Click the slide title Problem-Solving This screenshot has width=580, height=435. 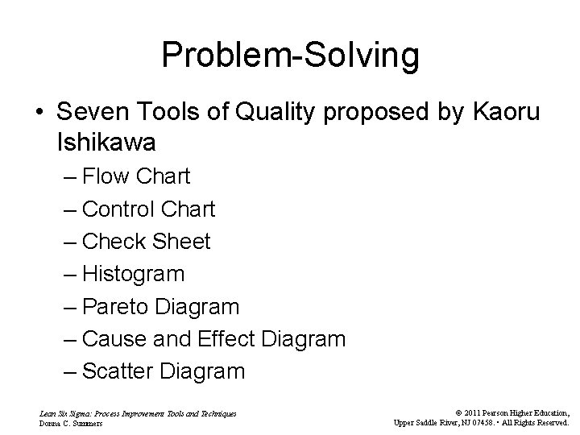point(290,55)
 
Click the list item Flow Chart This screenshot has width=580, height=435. point(136,176)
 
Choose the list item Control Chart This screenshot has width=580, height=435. point(148,209)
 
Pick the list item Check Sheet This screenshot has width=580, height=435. point(146,242)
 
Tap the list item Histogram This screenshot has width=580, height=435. point(134,274)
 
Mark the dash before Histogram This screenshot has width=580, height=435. point(70,275)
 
